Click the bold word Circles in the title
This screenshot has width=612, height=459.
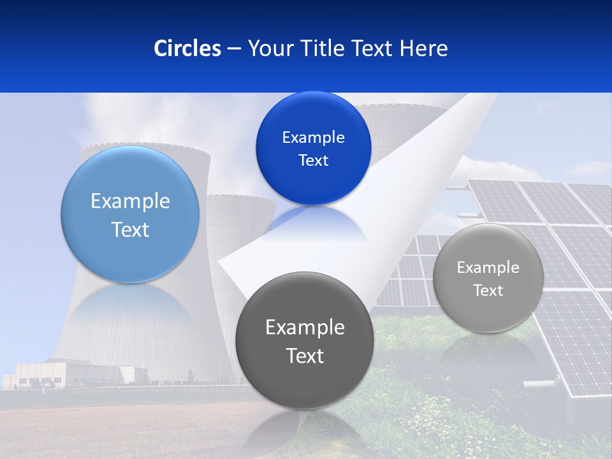tap(187, 48)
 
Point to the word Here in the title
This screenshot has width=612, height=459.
tap(424, 48)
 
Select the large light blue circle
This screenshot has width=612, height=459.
tap(130, 214)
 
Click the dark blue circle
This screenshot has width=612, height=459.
tap(313, 148)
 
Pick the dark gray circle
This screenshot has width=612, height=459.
tap(305, 340)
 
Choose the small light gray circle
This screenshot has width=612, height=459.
tap(488, 278)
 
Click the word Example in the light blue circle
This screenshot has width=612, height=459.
tap(130, 201)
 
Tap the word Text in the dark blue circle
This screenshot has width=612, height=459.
tap(313, 161)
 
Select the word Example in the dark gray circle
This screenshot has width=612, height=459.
tap(305, 328)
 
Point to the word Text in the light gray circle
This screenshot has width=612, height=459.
tap(488, 291)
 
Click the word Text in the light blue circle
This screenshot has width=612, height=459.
tap(130, 229)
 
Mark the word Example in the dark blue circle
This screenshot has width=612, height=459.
tap(313, 138)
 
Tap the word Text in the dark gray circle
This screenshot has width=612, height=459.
tap(305, 356)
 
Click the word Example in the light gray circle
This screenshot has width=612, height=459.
tap(488, 268)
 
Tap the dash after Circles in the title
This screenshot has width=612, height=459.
tap(234, 48)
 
